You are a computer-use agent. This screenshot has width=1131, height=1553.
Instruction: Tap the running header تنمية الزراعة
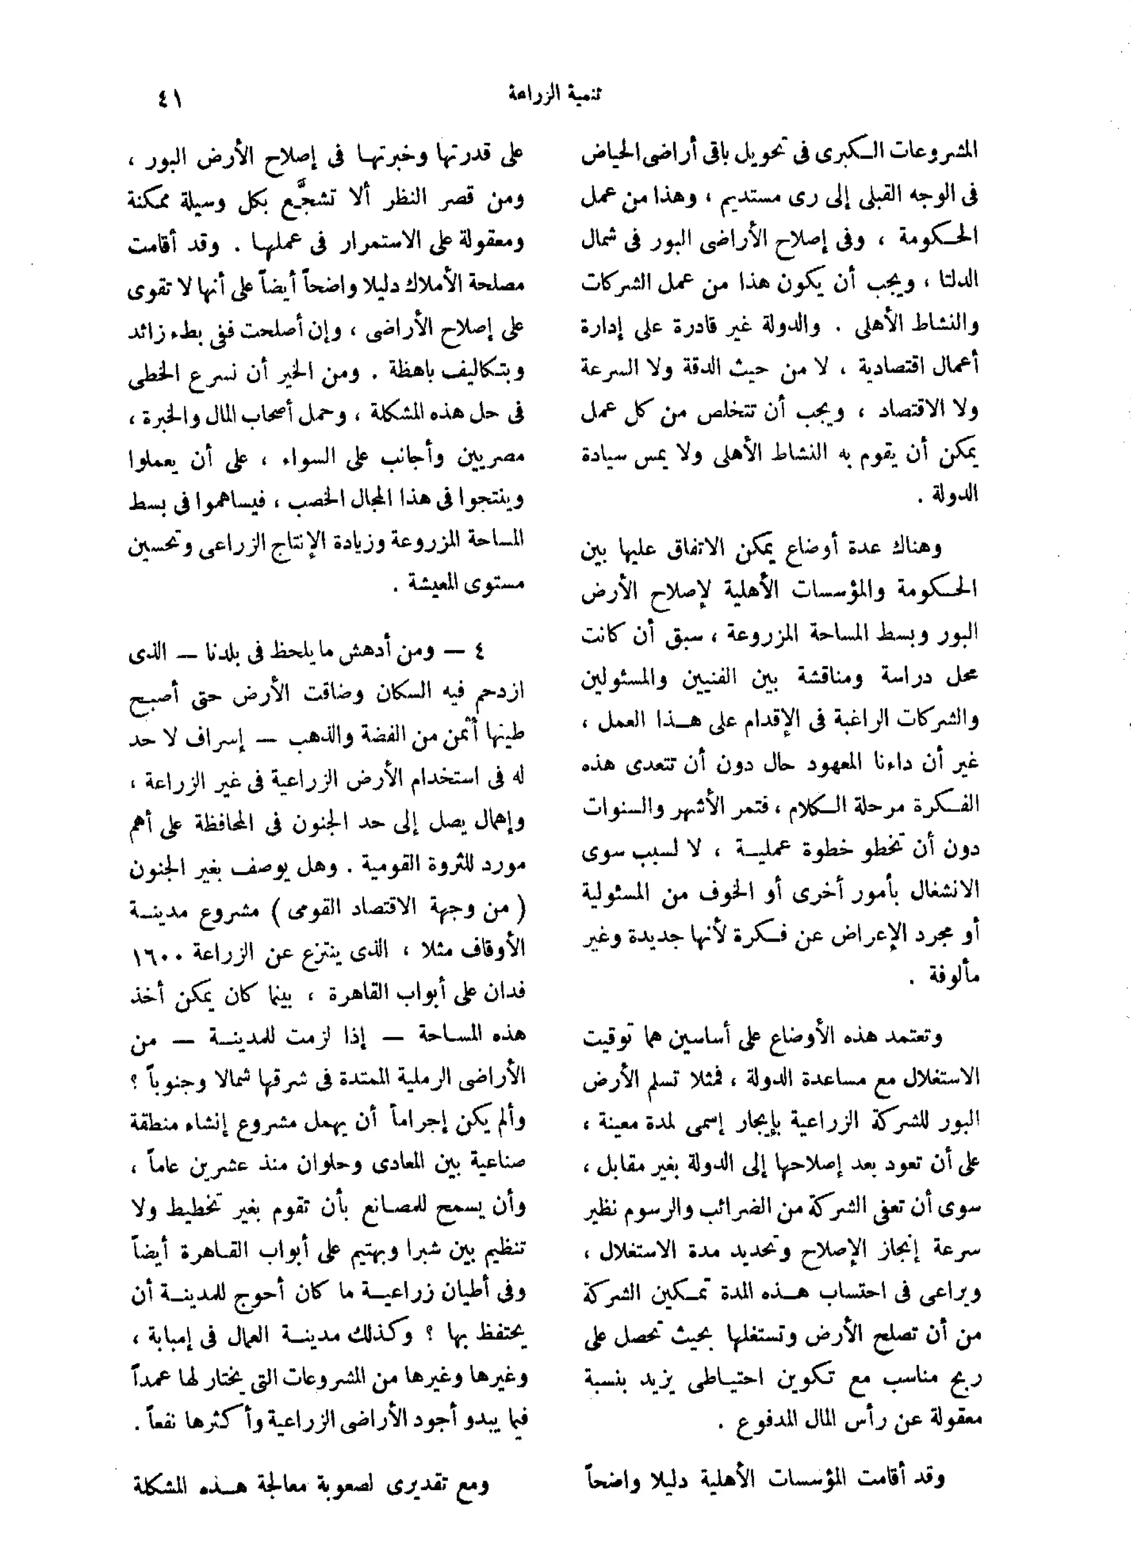(x=555, y=94)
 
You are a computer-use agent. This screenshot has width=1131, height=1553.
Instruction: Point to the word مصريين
(x=493, y=458)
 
